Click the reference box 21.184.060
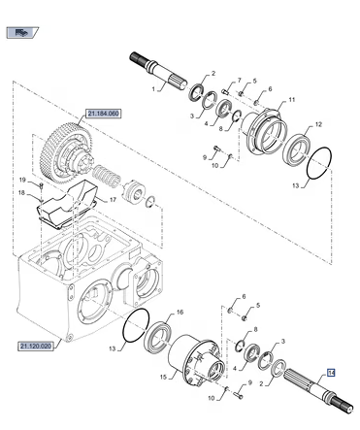pyautogui.click(x=103, y=114)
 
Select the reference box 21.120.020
pyautogui.click(x=36, y=347)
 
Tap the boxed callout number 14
pyautogui.click(x=331, y=373)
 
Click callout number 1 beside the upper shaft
pyautogui.click(x=154, y=88)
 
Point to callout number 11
pyautogui.click(x=292, y=100)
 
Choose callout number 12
pyautogui.click(x=318, y=124)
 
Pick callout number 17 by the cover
pyautogui.click(x=113, y=200)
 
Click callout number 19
pyautogui.click(x=22, y=181)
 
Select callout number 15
pyautogui.click(x=163, y=377)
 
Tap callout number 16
pyautogui.click(x=180, y=312)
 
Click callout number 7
pyautogui.click(x=240, y=80)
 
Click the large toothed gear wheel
pyautogui.click(x=65, y=152)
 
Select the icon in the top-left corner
pyautogui.click(x=22, y=32)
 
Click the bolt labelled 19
pyautogui.click(x=41, y=185)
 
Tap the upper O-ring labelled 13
pyautogui.click(x=319, y=164)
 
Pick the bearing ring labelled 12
pyautogui.click(x=296, y=149)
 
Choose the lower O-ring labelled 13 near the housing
pyautogui.click(x=136, y=325)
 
